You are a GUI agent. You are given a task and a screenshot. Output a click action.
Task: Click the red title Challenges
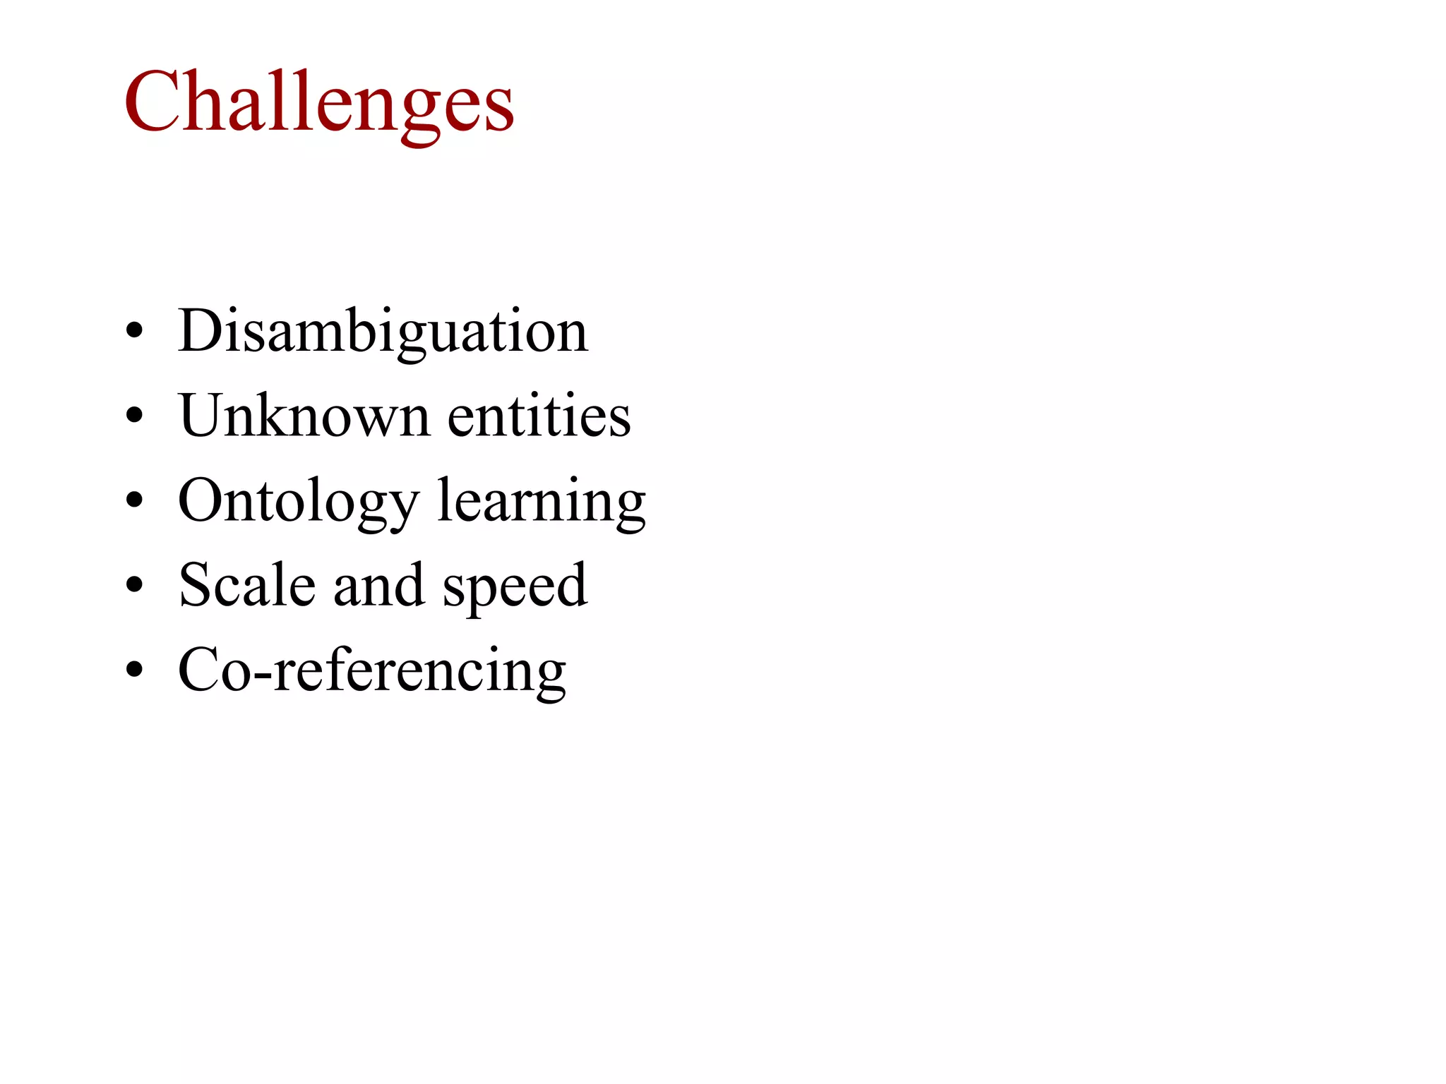point(319,102)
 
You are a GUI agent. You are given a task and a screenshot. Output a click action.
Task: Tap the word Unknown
point(304,416)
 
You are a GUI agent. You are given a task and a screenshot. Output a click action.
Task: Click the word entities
point(539,416)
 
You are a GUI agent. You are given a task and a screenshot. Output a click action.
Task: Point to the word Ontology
point(299,501)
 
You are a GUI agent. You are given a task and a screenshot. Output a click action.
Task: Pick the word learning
point(542,501)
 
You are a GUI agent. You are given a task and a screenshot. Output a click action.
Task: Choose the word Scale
point(247,585)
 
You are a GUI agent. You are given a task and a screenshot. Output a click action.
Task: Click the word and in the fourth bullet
point(379,585)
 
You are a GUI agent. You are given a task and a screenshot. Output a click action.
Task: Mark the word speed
point(515,586)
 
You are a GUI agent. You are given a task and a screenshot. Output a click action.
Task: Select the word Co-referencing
point(372,670)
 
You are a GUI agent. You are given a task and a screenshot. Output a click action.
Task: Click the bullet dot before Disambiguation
point(134,331)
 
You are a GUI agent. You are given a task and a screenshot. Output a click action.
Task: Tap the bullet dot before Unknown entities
point(134,416)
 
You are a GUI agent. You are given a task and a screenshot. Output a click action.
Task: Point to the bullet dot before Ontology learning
point(134,501)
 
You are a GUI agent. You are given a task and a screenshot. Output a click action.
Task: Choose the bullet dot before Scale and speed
point(134,586)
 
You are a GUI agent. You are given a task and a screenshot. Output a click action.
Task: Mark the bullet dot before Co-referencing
point(134,670)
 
